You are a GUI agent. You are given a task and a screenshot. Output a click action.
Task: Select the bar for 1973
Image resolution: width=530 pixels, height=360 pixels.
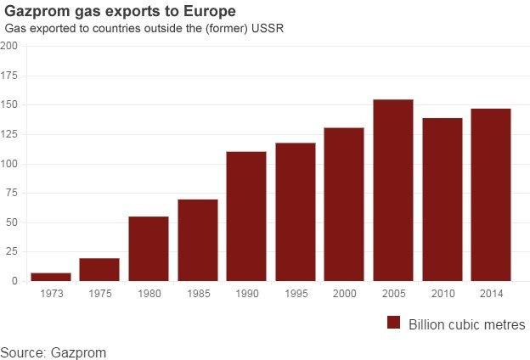50,277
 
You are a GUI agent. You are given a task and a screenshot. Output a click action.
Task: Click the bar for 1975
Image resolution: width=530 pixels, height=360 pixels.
99,269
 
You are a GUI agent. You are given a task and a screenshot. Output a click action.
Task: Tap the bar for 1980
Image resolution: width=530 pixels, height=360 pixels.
149,249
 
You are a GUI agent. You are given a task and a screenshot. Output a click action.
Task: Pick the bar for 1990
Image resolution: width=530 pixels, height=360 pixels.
246,217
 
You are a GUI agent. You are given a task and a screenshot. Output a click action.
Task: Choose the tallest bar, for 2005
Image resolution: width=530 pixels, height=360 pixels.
393,190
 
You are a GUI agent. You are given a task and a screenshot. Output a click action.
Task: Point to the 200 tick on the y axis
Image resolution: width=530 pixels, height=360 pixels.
8,46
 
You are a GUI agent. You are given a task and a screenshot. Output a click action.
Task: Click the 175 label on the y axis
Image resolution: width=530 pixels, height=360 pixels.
8,76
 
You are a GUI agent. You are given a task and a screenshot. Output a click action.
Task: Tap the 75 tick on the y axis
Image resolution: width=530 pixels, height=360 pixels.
11,193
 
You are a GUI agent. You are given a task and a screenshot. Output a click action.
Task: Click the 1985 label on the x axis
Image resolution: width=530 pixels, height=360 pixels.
197,294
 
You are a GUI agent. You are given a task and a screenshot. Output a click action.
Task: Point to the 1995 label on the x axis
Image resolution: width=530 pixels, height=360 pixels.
296,294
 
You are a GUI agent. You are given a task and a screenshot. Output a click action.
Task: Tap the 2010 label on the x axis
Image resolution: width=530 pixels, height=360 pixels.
443,294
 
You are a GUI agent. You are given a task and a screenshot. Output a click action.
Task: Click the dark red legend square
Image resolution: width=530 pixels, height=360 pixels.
393,323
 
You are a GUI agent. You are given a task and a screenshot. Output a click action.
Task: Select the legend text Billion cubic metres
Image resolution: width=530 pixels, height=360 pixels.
466,324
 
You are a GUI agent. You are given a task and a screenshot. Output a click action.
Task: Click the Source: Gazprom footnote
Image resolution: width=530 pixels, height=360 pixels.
54,351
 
